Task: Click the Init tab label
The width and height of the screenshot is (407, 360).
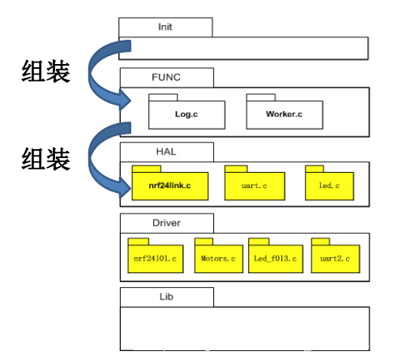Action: pos(165,27)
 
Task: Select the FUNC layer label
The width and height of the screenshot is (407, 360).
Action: pos(166,77)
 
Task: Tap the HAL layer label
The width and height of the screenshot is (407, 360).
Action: pos(166,152)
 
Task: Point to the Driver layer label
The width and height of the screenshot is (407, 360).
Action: pos(166,223)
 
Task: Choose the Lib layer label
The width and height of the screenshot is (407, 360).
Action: pos(166,297)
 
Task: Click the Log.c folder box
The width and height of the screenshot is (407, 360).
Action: pos(186,114)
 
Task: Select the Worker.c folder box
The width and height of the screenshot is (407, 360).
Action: pos(285,114)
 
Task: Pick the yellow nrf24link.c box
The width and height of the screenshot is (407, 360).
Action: pos(170,186)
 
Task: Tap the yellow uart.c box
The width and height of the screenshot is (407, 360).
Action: pos(255,186)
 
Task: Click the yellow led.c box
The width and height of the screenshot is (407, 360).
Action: pos(329,186)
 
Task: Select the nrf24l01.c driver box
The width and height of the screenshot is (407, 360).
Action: pos(156,259)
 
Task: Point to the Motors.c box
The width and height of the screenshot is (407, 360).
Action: pos(219,259)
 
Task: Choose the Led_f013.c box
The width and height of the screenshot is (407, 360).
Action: pos(276,259)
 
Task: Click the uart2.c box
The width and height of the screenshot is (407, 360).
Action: pos(336,259)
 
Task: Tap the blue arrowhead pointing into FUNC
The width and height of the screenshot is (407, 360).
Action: pos(125,100)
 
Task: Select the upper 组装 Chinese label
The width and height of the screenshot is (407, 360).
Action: pos(46,71)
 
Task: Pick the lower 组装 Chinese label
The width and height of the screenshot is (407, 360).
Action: pos(46,159)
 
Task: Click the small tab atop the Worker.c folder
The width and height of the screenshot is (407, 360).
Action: pos(261,97)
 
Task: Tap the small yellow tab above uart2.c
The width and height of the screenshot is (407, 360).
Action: pos(320,242)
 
